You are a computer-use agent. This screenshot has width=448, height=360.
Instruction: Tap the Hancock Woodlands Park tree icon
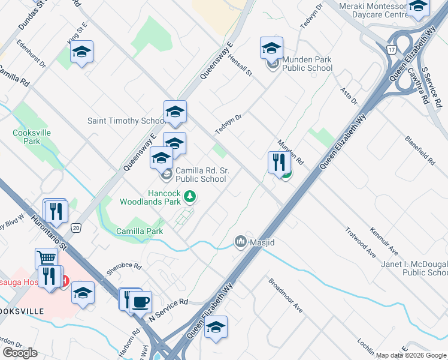(x=190, y=196)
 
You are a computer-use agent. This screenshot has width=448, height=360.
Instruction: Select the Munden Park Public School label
(x=308, y=64)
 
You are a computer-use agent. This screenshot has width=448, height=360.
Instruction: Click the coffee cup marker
(x=141, y=301)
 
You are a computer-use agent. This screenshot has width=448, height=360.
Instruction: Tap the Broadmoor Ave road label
(x=286, y=294)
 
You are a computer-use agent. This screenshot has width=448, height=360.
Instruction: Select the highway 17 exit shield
(x=392, y=50)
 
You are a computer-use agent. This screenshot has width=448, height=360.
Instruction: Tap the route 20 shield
(x=75, y=227)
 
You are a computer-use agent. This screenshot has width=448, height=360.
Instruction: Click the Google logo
(x=20, y=352)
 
